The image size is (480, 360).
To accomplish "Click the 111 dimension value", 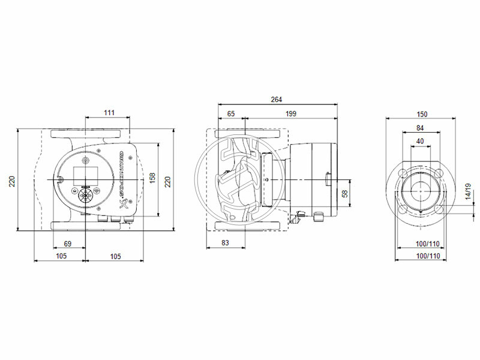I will tap(108, 113).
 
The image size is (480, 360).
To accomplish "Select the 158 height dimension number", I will tap(152, 179).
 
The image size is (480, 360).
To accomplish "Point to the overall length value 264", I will tap(276, 100).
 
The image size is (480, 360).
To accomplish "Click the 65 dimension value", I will tap(231, 113).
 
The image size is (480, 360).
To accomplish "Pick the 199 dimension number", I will tap(291, 113).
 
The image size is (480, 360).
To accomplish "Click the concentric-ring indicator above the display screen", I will tap(85, 161).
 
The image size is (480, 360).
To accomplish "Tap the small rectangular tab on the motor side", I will tap(327, 179).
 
